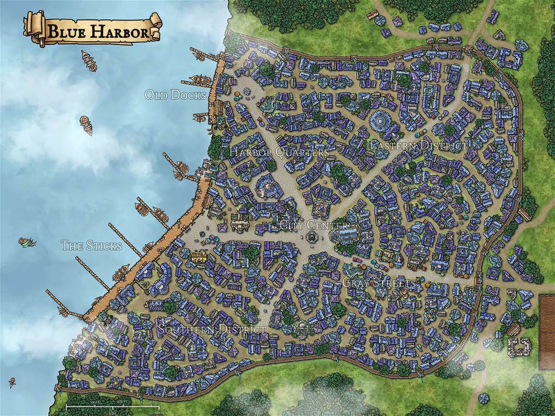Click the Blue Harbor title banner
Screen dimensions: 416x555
point(92,31)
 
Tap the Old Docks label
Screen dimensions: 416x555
point(176,95)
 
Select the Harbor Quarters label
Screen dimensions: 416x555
point(278,152)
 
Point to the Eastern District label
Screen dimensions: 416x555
point(417,146)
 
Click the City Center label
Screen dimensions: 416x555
point(314,225)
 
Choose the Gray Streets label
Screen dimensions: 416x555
point(379,283)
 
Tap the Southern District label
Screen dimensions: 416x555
point(211,329)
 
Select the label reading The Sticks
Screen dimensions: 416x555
point(91,246)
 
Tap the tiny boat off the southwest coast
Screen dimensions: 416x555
point(12,382)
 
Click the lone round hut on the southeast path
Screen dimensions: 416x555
point(483,398)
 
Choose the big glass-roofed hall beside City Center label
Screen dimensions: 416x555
point(345,235)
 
